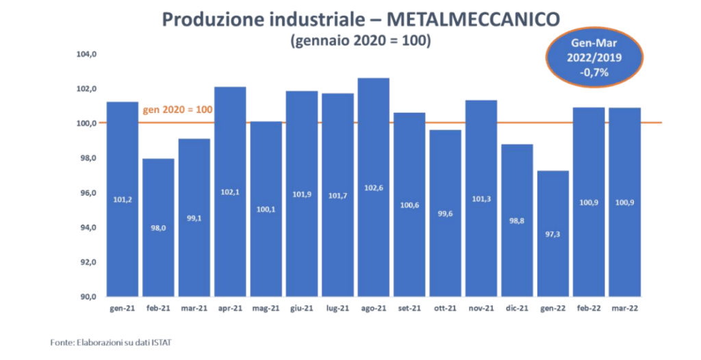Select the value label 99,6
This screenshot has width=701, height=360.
click(x=445, y=213)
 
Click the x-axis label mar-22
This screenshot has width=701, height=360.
click(x=625, y=309)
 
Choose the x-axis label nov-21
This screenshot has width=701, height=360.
click(x=481, y=309)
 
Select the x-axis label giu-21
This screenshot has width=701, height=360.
click(x=302, y=309)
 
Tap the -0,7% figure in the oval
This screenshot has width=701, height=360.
click(x=594, y=72)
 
